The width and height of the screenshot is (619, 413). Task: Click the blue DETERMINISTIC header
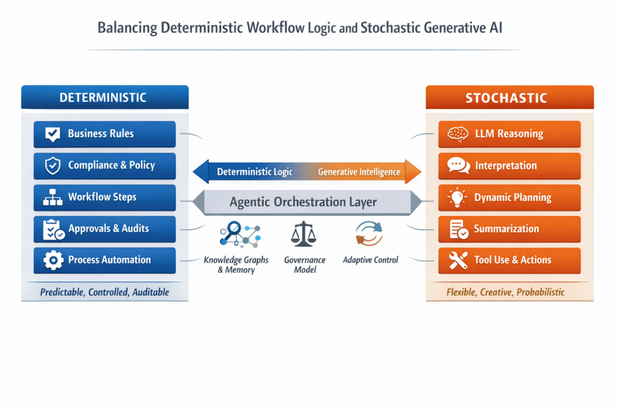(x=105, y=97)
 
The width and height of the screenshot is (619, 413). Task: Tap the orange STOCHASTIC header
(x=510, y=97)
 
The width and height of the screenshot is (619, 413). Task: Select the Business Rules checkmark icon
(x=53, y=134)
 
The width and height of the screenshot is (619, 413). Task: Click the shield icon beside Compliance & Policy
(x=53, y=166)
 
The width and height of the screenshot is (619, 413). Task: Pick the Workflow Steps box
(x=105, y=197)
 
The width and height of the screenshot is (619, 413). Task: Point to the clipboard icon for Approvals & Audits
(x=53, y=229)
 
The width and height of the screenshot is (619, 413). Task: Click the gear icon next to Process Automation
(x=53, y=260)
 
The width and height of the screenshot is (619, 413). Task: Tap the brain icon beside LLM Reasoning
(x=458, y=134)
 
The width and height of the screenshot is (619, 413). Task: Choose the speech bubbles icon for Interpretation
(x=458, y=166)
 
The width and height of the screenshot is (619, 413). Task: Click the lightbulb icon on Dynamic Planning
(x=457, y=197)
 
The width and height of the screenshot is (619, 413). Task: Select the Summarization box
(x=509, y=229)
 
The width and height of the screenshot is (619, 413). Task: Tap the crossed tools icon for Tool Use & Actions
(x=458, y=260)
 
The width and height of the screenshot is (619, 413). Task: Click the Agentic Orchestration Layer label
(x=303, y=202)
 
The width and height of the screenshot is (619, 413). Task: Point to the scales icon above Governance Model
(x=303, y=234)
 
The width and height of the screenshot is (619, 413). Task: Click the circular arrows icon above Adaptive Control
(x=369, y=234)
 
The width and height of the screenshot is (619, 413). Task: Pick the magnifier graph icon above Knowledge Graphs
(x=240, y=234)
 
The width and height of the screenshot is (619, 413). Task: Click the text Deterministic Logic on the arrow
(x=254, y=172)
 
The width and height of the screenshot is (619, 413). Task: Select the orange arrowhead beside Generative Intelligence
(x=413, y=172)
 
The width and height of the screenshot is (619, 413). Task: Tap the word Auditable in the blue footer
(x=151, y=292)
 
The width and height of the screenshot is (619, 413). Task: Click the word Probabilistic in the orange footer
(x=540, y=292)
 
